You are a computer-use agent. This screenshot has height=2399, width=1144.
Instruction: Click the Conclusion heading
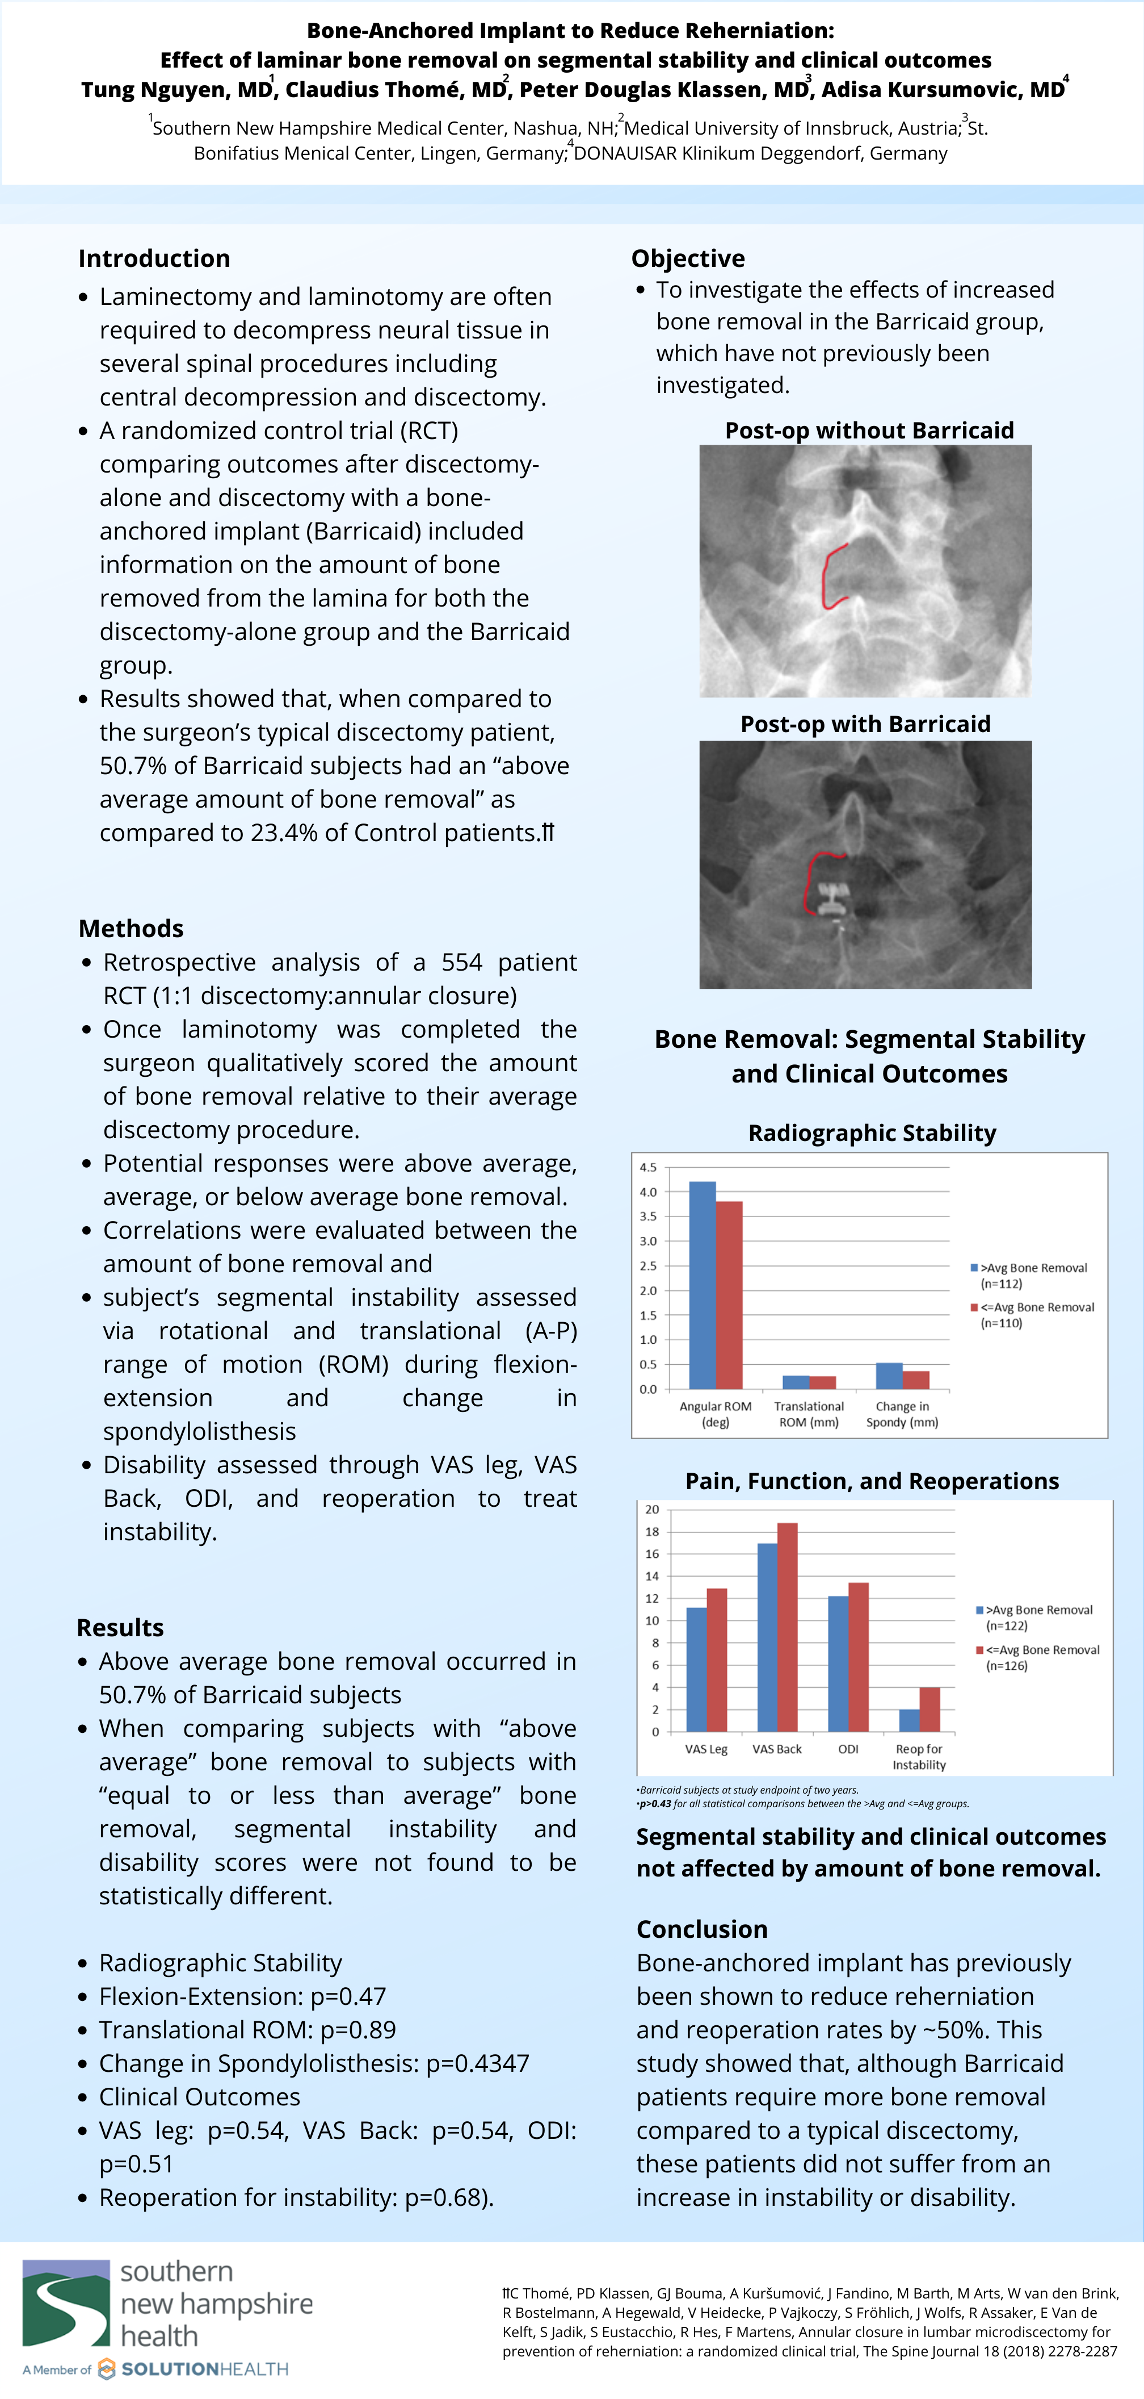tap(702, 1929)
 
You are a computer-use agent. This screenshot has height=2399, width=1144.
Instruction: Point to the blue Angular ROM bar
tap(702, 1285)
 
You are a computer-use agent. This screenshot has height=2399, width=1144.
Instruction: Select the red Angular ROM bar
tap(729, 1294)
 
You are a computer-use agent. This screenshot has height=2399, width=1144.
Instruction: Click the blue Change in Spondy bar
tap(889, 1376)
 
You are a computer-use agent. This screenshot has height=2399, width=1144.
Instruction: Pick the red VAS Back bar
tap(786, 1627)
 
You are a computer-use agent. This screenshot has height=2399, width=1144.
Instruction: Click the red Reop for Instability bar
tap(929, 1709)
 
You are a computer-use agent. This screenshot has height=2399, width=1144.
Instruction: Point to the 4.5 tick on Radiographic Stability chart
tap(648, 1167)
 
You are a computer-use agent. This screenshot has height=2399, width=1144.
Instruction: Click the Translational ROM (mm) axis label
tap(809, 1414)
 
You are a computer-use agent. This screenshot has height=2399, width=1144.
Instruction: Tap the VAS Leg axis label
tap(705, 1749)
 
